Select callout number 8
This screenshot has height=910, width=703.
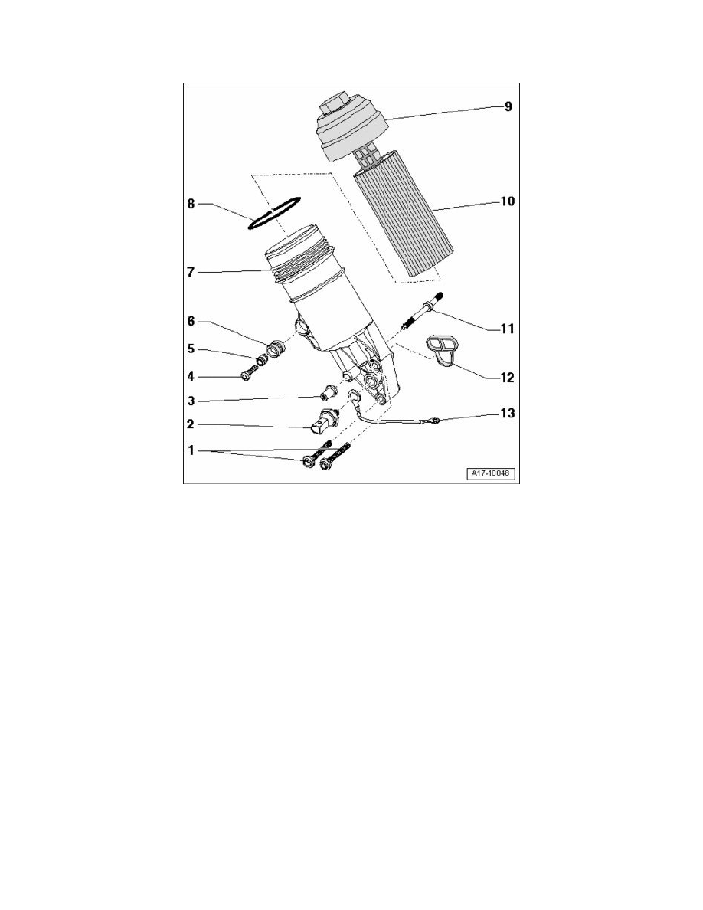click(x=191, y=205)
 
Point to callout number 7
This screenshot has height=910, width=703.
click(x=191, y=271)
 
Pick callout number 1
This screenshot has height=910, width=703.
click(x=191, y=451)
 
